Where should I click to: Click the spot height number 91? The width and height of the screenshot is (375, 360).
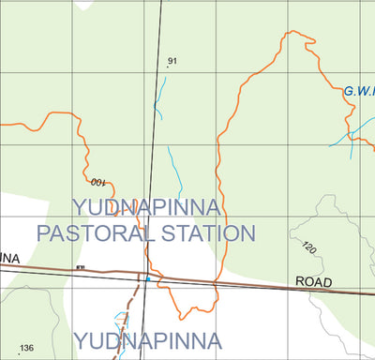click(172, 62)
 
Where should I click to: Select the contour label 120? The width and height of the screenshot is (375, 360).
click(309, 248)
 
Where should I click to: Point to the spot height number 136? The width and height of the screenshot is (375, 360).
click(26, 348)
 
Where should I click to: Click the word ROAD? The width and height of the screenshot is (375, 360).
click(314, 281)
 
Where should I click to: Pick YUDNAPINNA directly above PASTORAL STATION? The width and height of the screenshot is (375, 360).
click(146, 207)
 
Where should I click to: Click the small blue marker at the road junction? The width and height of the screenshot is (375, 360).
click(147, 277)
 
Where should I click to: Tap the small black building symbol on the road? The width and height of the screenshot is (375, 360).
click(81, 268)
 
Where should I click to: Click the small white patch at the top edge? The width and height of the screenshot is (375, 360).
click(84, 4)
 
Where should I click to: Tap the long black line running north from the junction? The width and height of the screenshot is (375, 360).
click(154, 141)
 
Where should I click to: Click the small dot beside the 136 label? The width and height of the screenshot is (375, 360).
click(18, 354)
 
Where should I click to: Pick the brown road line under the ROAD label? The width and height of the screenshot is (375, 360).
click(314, 291)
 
